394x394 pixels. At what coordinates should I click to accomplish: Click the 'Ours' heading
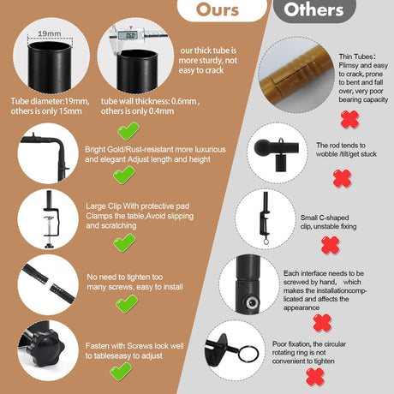coord(218,9)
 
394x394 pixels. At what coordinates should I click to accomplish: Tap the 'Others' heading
coord(313,9)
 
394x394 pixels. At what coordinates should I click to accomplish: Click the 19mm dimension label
coord(50,33)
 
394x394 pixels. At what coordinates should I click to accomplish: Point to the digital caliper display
coord(128,35)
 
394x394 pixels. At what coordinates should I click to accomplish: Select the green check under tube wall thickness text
coord(128,131)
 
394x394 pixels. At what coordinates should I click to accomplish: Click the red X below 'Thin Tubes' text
coord(349,119)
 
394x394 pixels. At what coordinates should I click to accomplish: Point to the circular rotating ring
coord(248,354)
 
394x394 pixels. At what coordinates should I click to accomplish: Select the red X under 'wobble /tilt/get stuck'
coord(342,178)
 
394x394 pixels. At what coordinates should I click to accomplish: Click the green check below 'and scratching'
coord(124,242)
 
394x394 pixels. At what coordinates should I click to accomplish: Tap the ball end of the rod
coord(262,148)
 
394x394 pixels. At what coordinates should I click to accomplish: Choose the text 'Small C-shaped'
coord(325,218)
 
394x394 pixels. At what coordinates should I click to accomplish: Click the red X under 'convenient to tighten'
coord(315,377)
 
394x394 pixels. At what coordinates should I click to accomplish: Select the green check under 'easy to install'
coord(127,304)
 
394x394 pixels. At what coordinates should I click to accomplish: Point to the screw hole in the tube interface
coord(252,302)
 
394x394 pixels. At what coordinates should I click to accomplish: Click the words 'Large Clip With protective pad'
coord(138,206)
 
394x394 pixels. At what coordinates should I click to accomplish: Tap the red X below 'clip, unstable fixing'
coord(331,245)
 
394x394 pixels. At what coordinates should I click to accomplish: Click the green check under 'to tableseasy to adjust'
coord(121,372)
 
